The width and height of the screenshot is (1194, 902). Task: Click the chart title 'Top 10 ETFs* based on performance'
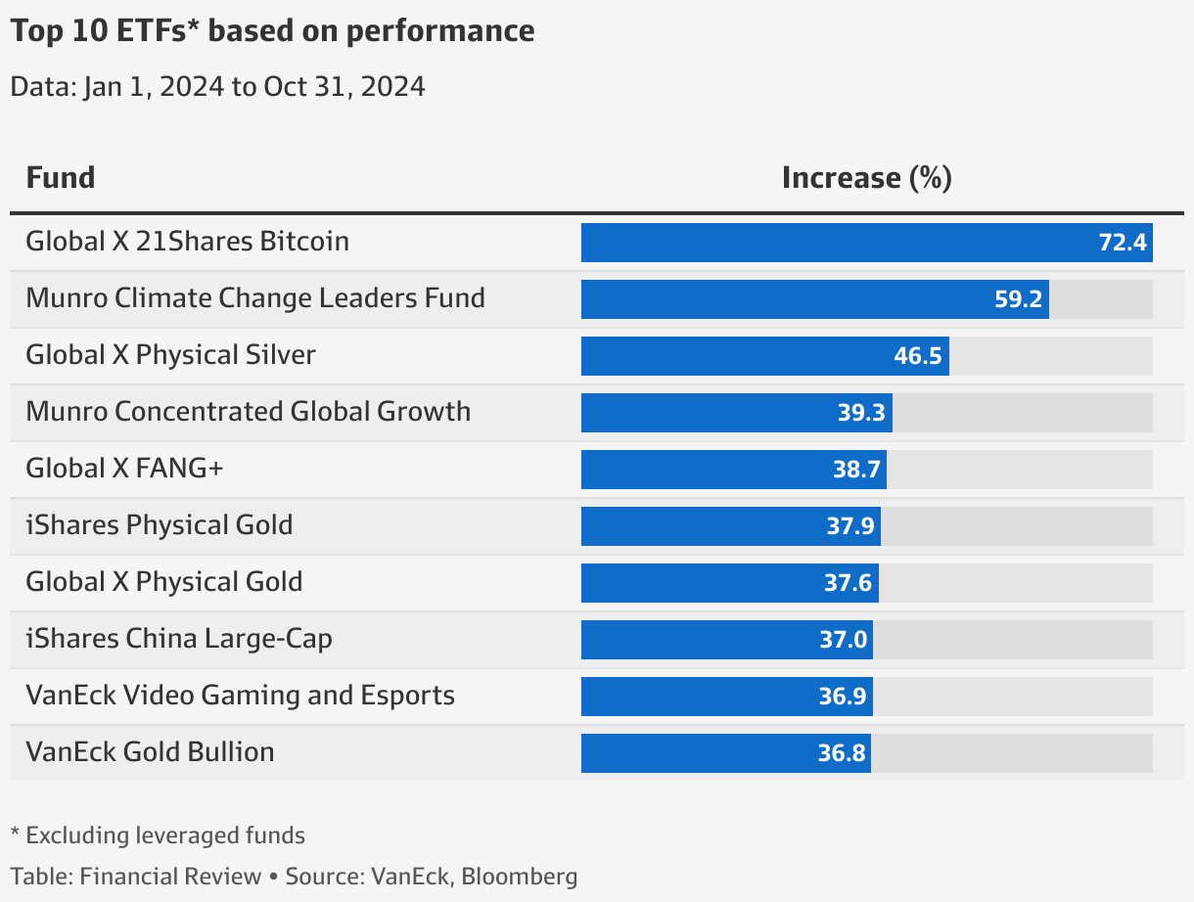click(272, 31)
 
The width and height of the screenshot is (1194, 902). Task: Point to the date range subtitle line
click(217, 87)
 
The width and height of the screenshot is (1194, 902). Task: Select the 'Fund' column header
click(61, 178)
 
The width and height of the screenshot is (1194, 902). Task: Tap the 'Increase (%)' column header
click(866, 178)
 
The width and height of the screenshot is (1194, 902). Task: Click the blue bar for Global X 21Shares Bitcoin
click(832, 243)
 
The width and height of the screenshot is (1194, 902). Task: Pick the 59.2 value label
click(1018, 299)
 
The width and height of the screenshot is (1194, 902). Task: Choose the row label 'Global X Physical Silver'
click(171, 354)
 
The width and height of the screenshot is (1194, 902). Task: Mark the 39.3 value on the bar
click(861, 413)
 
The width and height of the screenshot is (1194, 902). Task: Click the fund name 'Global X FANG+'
click(125, 469)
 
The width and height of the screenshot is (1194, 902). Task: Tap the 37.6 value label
click(848, 583)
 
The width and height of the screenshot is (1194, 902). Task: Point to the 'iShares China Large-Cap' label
click(179, 639)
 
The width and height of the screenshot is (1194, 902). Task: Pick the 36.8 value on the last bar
click(841, 753)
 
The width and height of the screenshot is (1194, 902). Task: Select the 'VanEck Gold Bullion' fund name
click(150, 752)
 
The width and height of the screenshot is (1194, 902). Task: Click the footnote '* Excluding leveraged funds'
click(158, 835)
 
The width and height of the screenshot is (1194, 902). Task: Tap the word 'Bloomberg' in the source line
click(519, 877)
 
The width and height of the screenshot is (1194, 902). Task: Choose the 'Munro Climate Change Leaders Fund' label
click(255, 297)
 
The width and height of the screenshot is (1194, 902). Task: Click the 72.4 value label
click(1123, 243)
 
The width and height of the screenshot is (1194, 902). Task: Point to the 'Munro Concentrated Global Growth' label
click(249, 411)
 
